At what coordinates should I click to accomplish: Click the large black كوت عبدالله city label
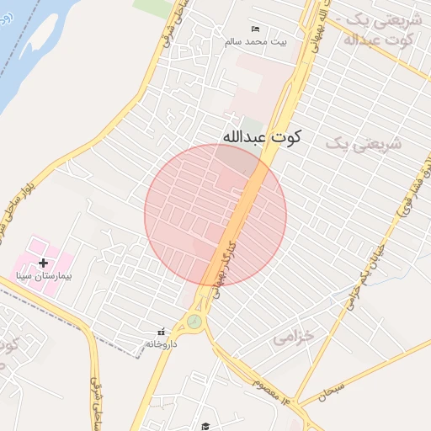coord(262,136)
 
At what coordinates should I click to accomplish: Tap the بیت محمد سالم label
coord(255,40)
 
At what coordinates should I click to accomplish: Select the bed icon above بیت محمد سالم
coord(256,29)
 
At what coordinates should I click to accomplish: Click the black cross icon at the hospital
coord(44,263)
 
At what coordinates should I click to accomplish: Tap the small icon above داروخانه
coord(161,331)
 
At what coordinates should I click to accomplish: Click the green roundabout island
coord(195,320)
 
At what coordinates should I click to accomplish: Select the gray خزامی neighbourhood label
coord(293,336)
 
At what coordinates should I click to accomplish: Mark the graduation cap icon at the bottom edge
coord(205,426)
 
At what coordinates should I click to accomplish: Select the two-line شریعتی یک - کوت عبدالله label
coord(379,29)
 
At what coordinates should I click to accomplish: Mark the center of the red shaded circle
coord(215,215)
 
